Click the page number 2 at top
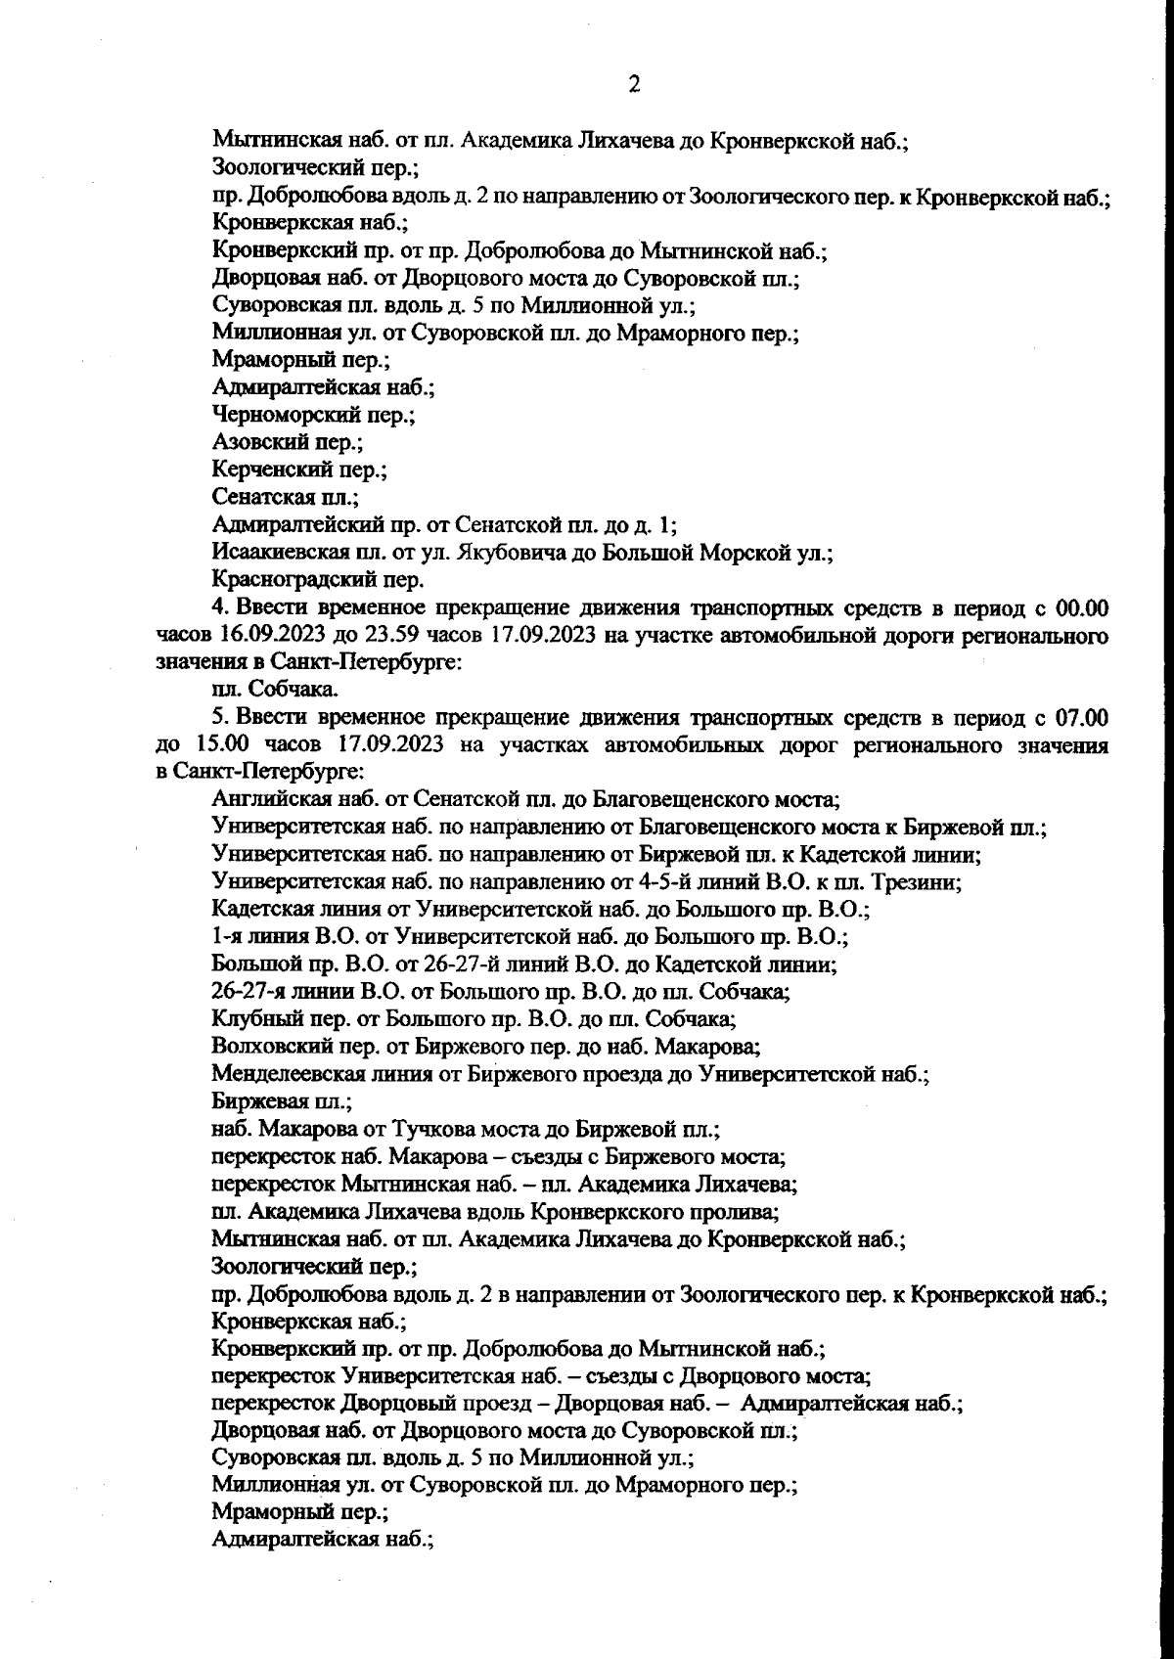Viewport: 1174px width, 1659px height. click(x=634, y=85)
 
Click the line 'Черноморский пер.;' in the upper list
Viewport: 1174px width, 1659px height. click(x=313, y=415)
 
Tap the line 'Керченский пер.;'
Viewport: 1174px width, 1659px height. click(x=299, y=470)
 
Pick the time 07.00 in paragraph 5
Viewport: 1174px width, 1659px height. click(x=1081, y=717)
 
